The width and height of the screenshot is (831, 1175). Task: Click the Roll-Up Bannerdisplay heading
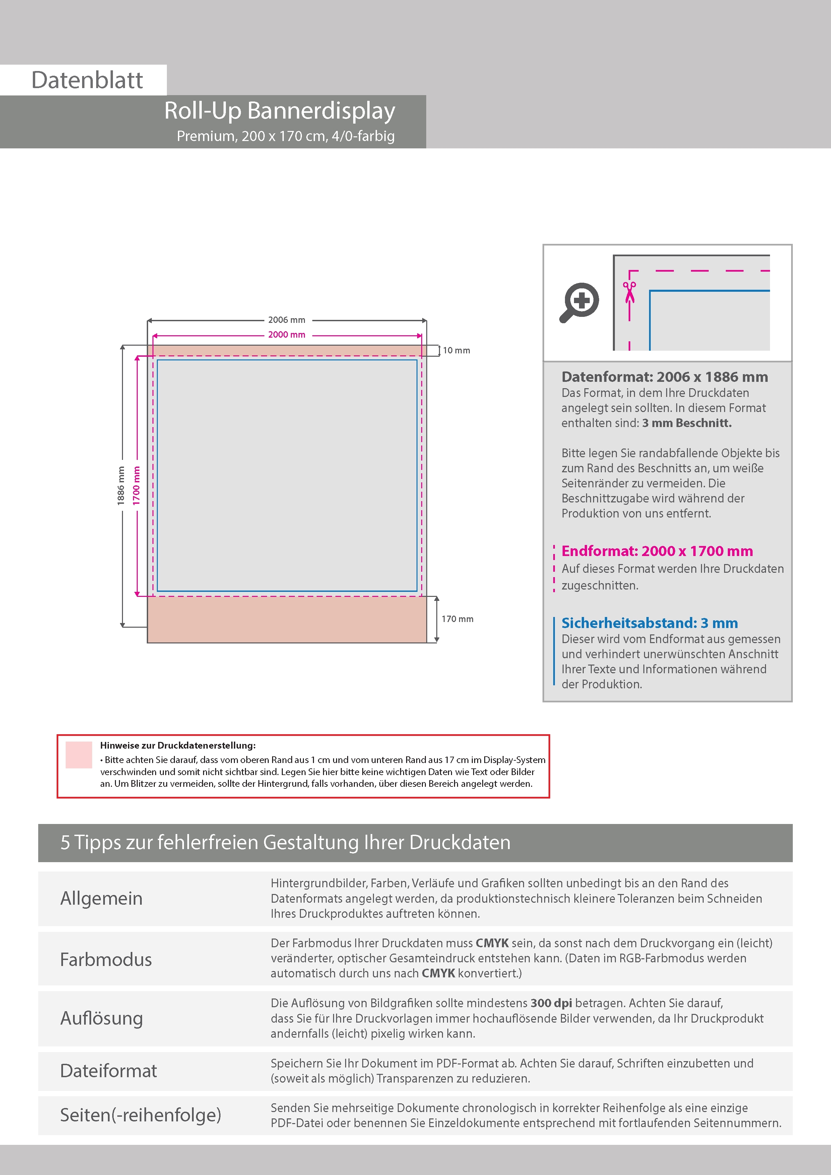point(279,111)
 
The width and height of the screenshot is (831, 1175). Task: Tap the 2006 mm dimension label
point(287,320)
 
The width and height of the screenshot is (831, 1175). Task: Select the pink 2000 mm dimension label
point(287,335)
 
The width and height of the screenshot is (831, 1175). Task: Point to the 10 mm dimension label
point(456,351)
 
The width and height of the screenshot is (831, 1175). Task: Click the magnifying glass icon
point(579,302)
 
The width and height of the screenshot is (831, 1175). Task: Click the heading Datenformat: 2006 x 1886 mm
point(664,377)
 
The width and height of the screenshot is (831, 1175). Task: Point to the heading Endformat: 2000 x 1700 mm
point(657,551)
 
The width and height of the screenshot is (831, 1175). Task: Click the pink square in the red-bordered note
point(79,755)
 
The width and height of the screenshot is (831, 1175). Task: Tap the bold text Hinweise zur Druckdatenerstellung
point(178,746)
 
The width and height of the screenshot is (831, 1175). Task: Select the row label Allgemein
point(102,898)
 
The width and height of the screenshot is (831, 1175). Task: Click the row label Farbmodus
point(106,960)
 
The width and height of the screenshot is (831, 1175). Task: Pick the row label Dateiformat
point(109,1070)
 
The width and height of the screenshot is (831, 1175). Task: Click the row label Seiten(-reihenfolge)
point(140,1115)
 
